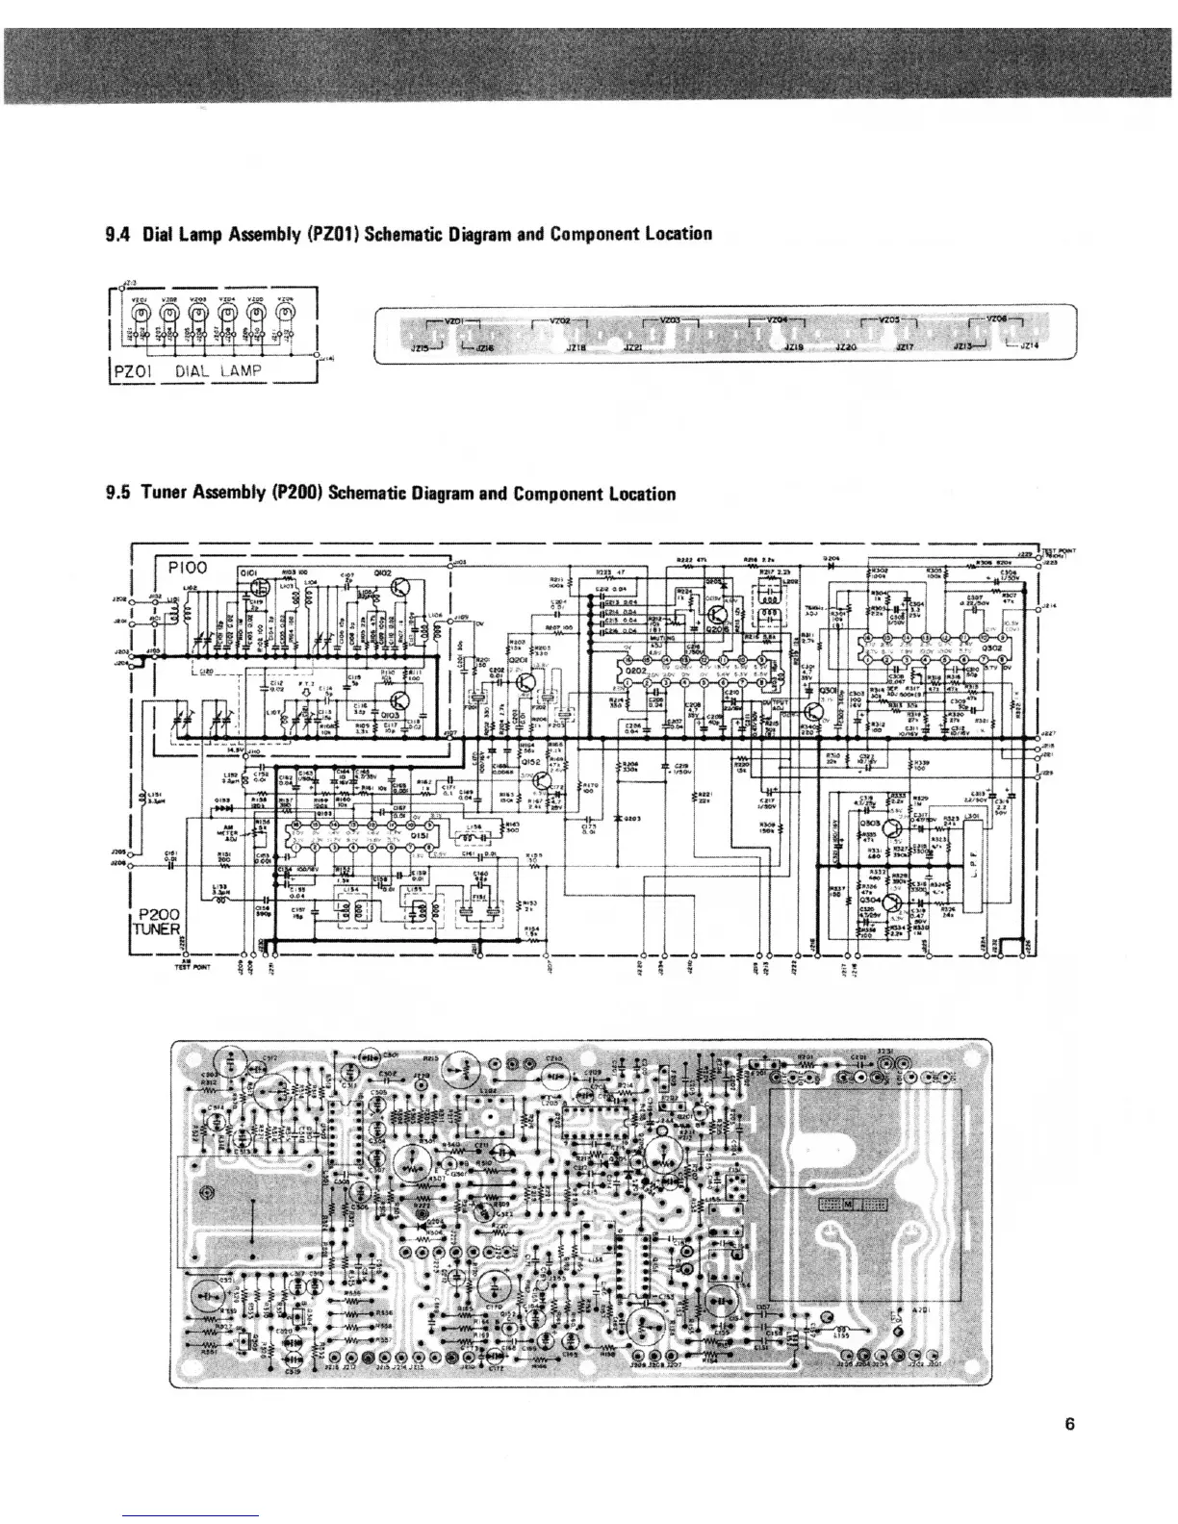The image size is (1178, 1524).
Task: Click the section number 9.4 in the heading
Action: click(x=117, y=234)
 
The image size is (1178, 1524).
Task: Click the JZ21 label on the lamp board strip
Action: click(x=634, y=347)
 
